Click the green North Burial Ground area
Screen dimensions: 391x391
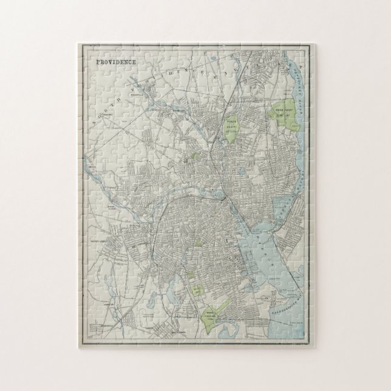(x=231, y=128)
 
